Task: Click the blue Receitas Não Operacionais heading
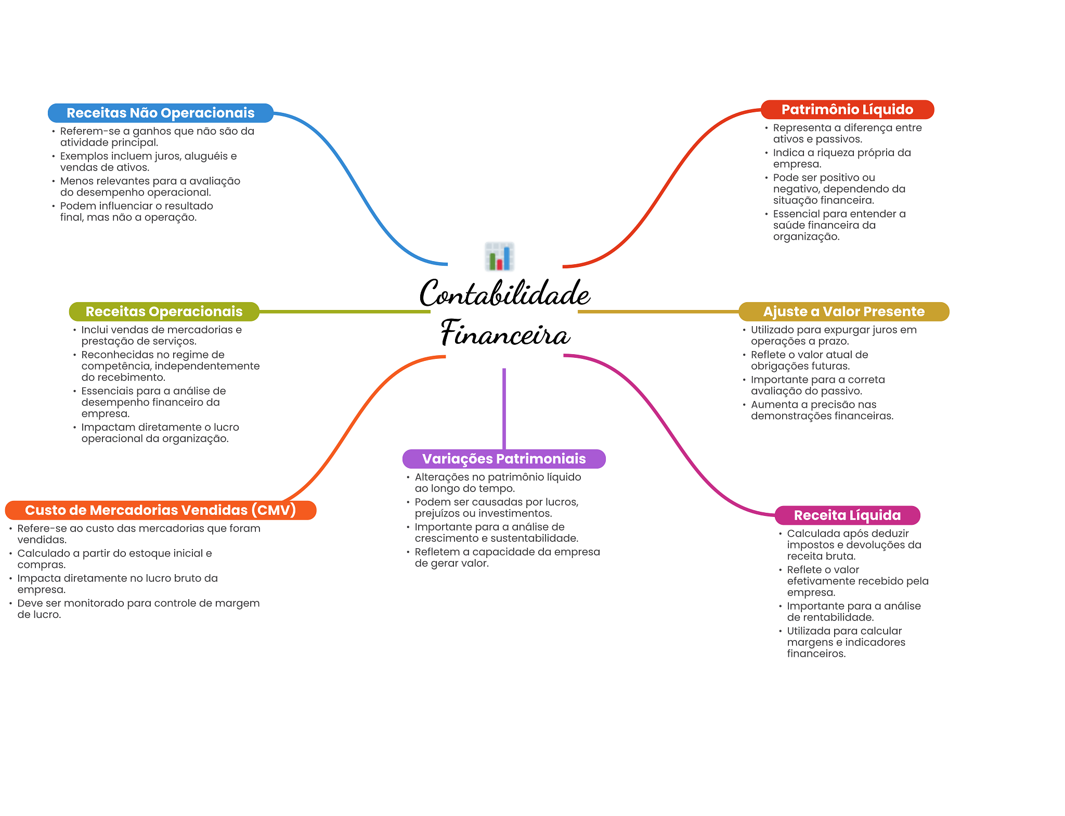(x=160, y=113)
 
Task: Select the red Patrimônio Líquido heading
(x=847, y=110)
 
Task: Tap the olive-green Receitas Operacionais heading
(x=164, y=312)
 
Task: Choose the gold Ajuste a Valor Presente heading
(x=843, y=312)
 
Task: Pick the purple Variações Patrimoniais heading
(x=504, y=459)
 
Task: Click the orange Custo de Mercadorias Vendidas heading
(x=160, y=510)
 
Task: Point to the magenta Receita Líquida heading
(x=847, y=515)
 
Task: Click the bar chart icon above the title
(x=499, y=256)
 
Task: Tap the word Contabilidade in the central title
(x=504, y=294)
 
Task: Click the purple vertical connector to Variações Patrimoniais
(x=504, y=408)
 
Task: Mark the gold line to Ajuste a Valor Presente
(x=658, y=312)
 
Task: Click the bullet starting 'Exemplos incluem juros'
(x=148, y=162)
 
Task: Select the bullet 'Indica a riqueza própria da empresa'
(x=841, y=158)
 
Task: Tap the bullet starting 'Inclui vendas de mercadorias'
(x=161, y=335)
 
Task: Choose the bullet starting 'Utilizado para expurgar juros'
(x=833, y=335)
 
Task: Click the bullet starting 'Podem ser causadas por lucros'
(x=496, y=508)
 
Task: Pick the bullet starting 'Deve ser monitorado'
(x=138, y=608)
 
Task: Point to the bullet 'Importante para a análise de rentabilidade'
(x=853, y=612)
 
